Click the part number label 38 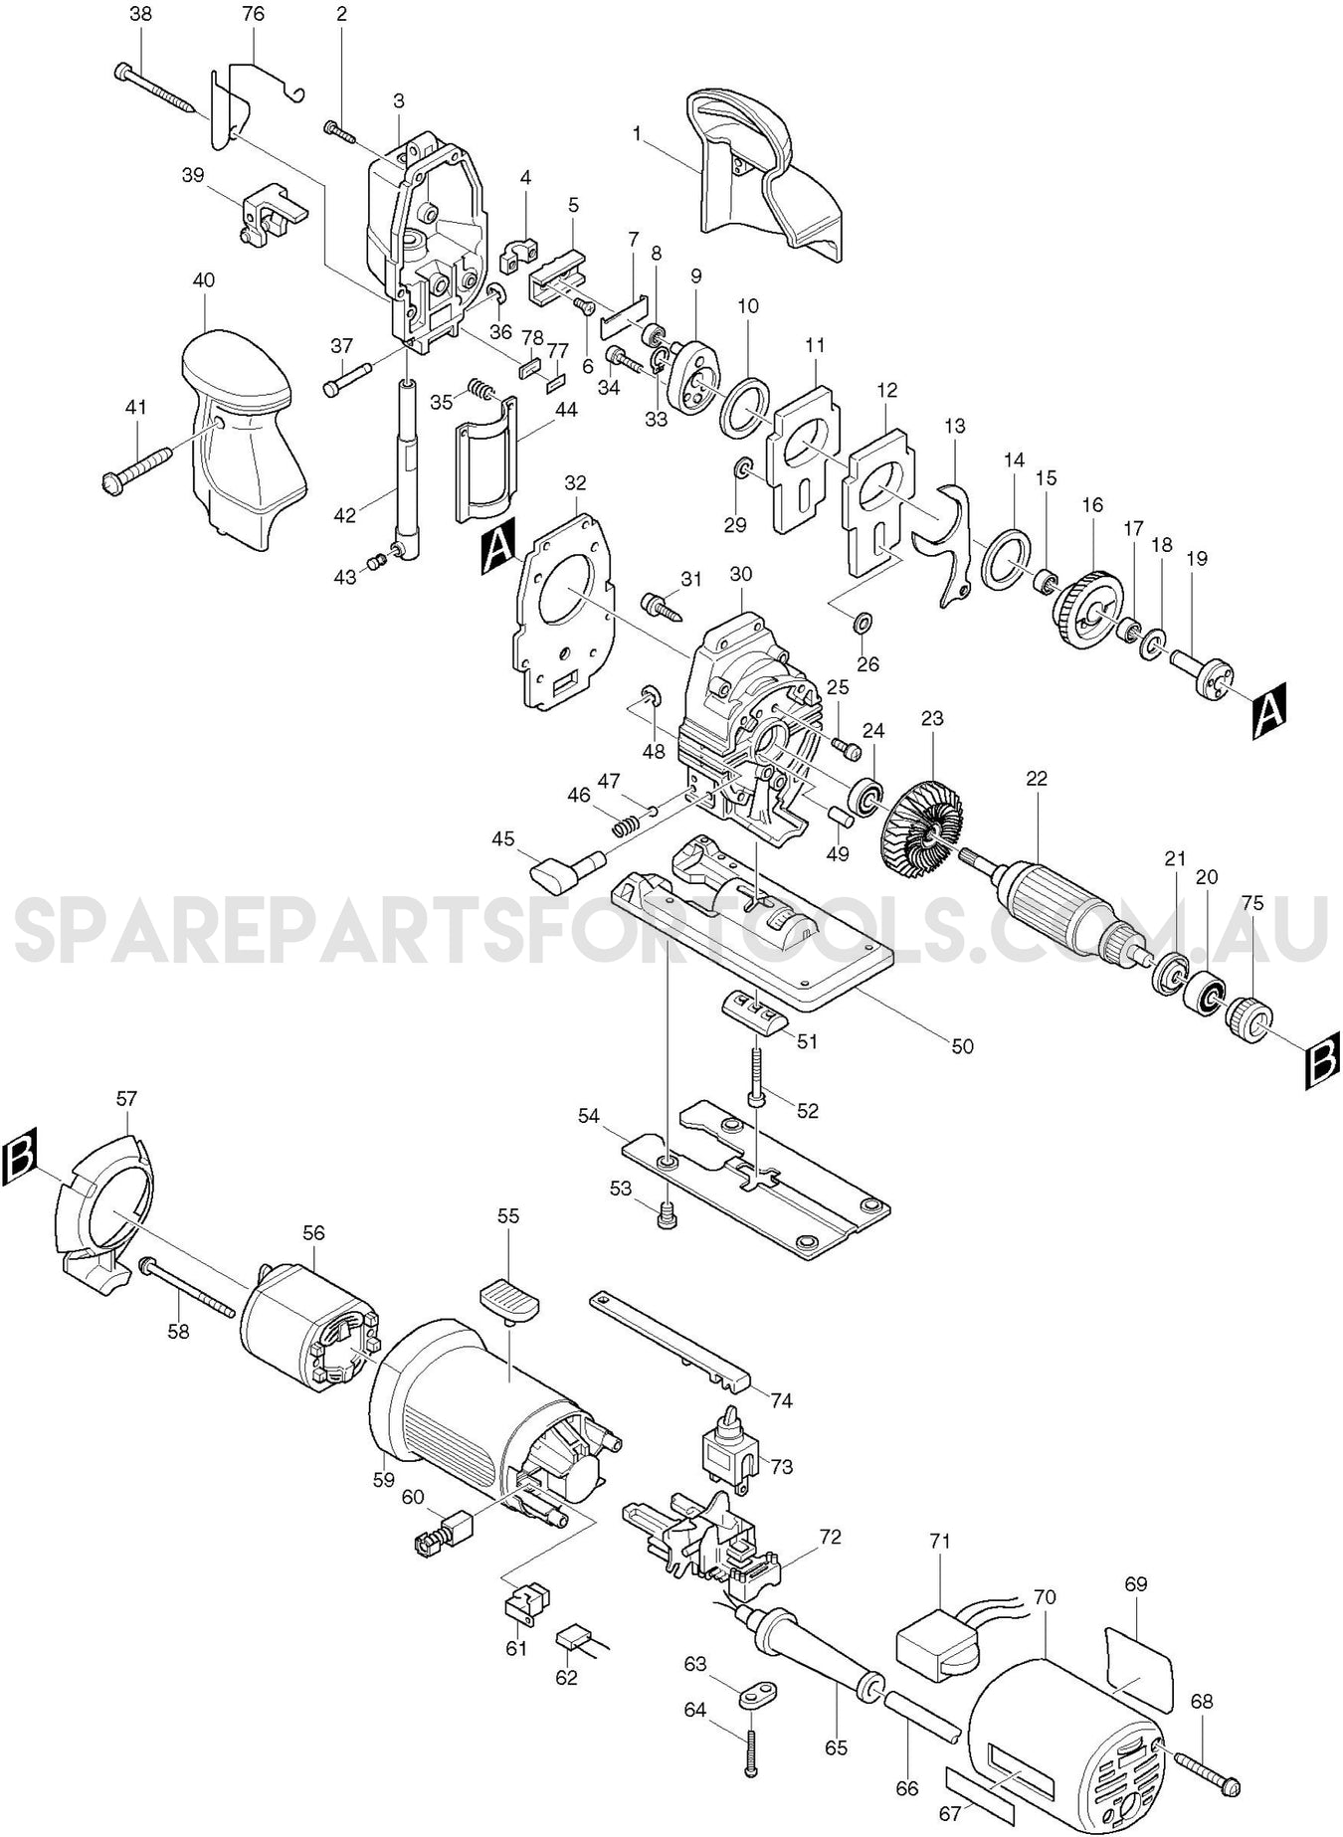pos(141,15)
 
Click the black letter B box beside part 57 pos(20,1157)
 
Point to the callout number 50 pos(962,1046)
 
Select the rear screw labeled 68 pos(1207,1786)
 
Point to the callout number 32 pos(575,483)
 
